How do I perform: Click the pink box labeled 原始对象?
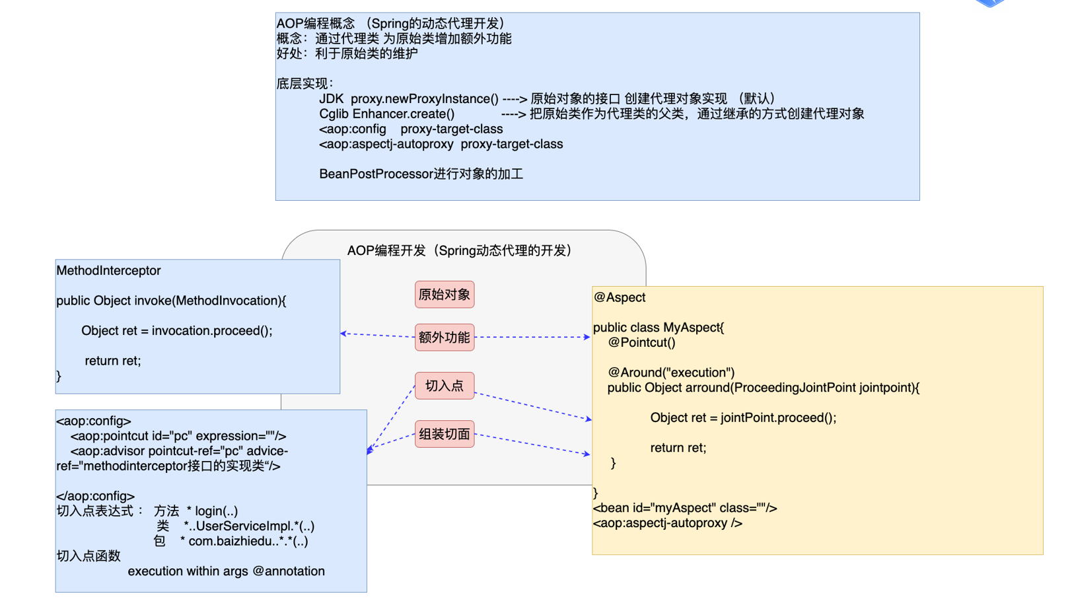coord(444,295)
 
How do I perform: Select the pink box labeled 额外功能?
coord(444,338)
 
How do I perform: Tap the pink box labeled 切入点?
coord(444,386)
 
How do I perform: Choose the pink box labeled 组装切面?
coord(444,434)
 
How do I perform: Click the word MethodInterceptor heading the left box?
coord(108,271)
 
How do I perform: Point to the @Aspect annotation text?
coord(620,297)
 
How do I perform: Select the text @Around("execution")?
coord(670,373)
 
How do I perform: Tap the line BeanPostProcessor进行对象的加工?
coord(421,174)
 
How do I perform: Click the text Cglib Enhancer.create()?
coord(386,114)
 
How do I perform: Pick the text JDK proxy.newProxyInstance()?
coord(408,99)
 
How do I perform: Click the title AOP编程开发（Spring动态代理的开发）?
coord(460,251)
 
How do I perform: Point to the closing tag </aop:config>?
coord(95,496)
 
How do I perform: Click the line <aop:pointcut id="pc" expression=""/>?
coord(178,436)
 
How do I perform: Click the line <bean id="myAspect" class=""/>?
coord(684,508)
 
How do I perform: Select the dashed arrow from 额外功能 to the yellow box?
coord(532,337)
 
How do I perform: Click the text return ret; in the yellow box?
coord(678,448)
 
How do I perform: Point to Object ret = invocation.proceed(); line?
coord(176,331)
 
